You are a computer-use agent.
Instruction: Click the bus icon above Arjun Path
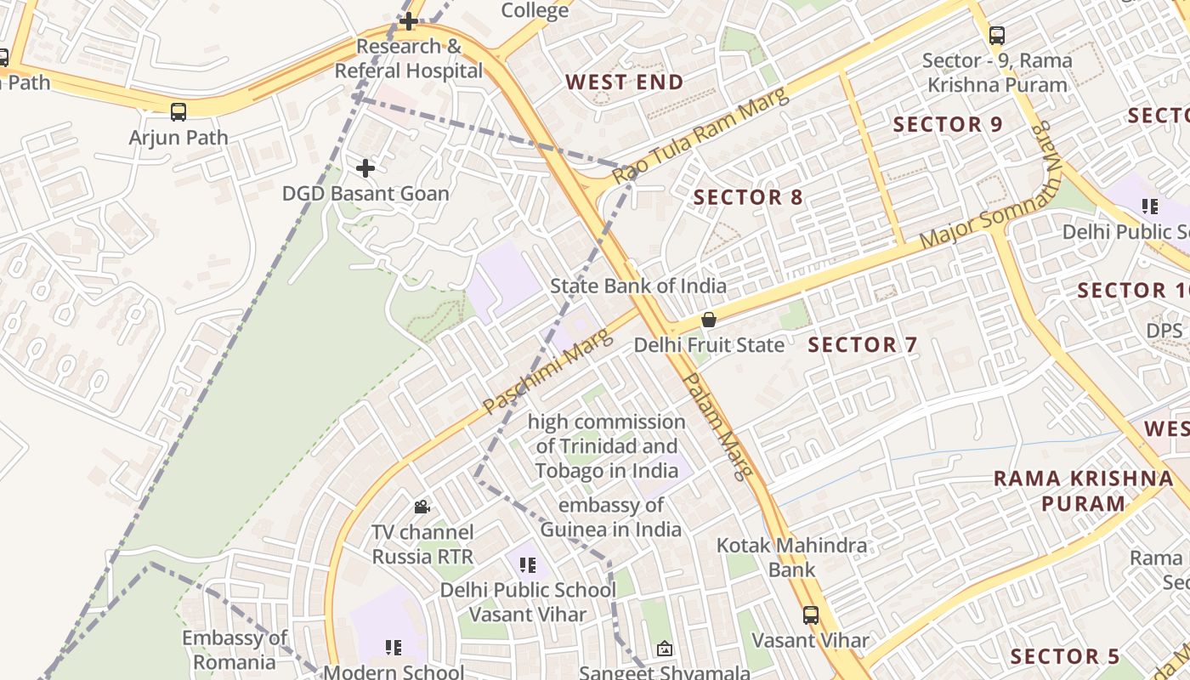click(178, 111)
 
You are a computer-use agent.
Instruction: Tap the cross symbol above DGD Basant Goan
click(365, 168)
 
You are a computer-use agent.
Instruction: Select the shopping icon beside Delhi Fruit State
click(708, 320)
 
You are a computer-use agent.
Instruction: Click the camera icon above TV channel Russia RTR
click(422, 507)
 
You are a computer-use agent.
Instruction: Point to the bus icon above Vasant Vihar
click(811, 615)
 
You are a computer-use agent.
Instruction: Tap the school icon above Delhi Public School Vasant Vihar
click(527, 564)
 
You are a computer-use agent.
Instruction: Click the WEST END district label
click(625, 82)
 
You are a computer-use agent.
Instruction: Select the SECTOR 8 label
click(748, 197)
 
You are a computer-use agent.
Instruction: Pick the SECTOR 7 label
click(863, 344)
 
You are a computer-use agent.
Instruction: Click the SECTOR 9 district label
click(948, 124)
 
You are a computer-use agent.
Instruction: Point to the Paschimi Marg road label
click(547, 371)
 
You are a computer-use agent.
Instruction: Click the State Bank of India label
click(638, 286)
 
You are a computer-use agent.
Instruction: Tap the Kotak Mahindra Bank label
click(792, 557)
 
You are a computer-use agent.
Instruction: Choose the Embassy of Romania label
click(235, 649)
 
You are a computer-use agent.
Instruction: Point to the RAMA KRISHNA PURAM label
click(1083, 490)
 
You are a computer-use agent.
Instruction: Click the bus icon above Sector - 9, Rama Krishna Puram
click(997, 36)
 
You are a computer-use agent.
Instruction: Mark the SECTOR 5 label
click(1065, 656)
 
